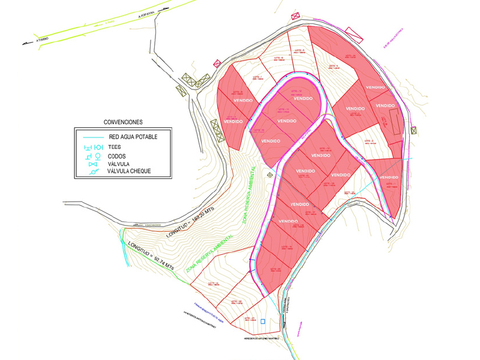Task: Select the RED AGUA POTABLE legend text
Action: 133,137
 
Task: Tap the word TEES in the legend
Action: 114,147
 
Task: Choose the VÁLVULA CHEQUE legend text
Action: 129,171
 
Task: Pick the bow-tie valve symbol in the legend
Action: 92,164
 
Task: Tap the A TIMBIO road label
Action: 44,38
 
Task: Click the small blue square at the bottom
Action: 263,322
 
